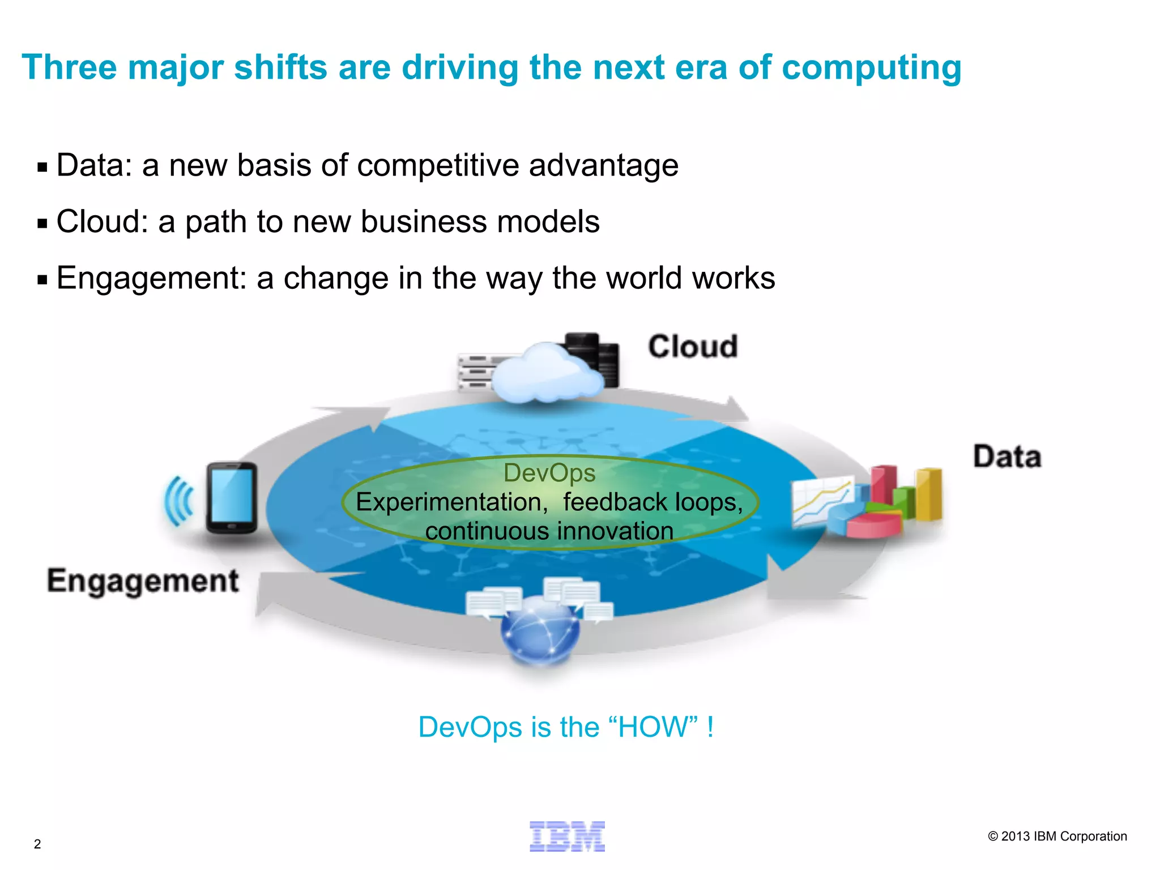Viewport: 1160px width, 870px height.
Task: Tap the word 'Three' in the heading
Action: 69,67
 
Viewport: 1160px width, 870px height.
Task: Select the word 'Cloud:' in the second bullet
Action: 102,221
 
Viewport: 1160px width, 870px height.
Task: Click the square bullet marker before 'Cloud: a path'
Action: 42,224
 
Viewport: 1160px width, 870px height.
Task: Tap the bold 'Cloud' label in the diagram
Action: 692,347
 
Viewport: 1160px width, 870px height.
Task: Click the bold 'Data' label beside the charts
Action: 1007,457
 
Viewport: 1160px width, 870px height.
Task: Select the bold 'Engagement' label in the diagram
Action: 143,581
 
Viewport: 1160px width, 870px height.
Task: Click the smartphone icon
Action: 231,498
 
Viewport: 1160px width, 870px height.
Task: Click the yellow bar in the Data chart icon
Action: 929,494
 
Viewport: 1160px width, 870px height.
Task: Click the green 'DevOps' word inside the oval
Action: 549,473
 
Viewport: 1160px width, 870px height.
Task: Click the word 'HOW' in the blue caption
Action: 654,727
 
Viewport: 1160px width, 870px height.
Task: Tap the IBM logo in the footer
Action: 567,836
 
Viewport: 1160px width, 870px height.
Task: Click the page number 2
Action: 37,844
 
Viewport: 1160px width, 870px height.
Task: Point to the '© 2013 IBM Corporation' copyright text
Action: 1057,836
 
